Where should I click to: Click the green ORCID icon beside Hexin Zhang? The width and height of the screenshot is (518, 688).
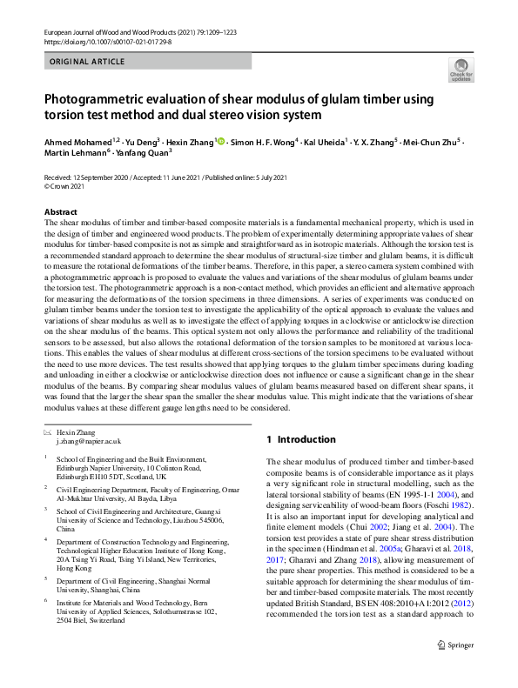tap(221, 142)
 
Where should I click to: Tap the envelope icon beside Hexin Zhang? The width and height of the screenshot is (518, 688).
tap(48, 432)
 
